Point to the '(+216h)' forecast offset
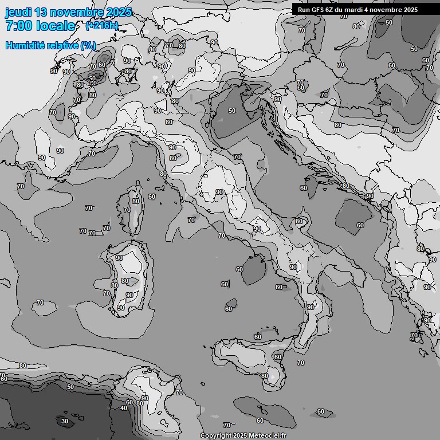pyautogui.click(x=101, y=26)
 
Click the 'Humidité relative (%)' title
pyautogui.click(x=51, y=45)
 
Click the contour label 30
pyautogui.click(x=65, y=421)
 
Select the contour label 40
pyautogui.click(x=124, y=408)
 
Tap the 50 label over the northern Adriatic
pyautogui.click(x=232, y=111)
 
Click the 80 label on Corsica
pyautogui.click(x=136, y=201)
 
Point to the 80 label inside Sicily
pyautogui.click(x=265, y=376)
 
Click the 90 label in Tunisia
pyautogui.click(x=145, y=398)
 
